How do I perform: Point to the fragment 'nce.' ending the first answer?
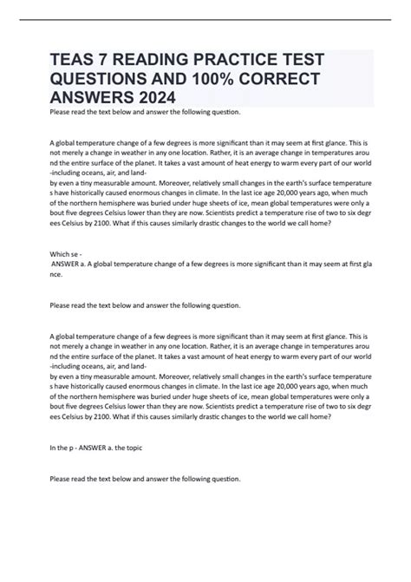click(x=57, y=273)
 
